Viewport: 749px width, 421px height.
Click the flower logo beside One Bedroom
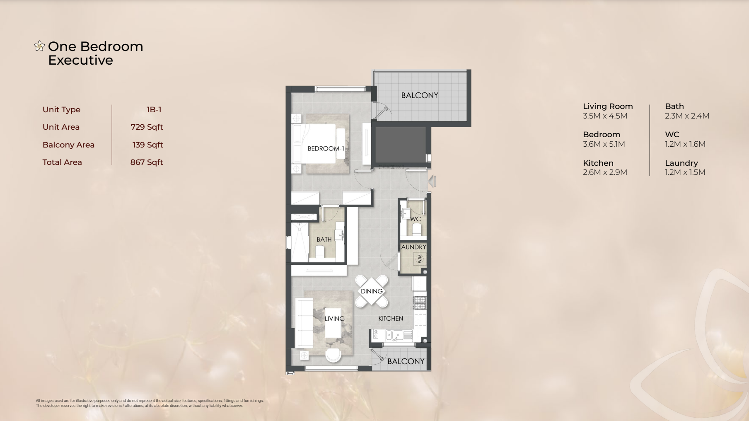39,46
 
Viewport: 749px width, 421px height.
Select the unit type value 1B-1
154,109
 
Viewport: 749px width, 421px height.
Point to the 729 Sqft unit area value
147,127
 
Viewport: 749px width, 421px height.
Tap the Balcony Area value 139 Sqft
147,145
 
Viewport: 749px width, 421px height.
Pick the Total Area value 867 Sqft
147,162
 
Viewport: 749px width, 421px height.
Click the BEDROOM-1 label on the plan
326,148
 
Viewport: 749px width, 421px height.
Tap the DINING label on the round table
372,291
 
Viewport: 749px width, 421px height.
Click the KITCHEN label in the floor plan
391,318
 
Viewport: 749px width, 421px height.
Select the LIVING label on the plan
335,319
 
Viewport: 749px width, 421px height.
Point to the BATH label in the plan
324,240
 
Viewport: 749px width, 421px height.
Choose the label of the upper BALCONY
420,95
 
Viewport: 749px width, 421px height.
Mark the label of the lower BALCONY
406,361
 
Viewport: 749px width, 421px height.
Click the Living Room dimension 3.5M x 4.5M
605,116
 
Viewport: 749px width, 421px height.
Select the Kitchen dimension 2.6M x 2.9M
605,172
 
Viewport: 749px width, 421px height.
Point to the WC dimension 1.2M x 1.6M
685,144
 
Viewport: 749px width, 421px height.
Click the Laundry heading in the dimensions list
681,163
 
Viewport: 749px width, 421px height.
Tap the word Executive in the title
80,60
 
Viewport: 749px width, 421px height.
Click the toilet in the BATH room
320,251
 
